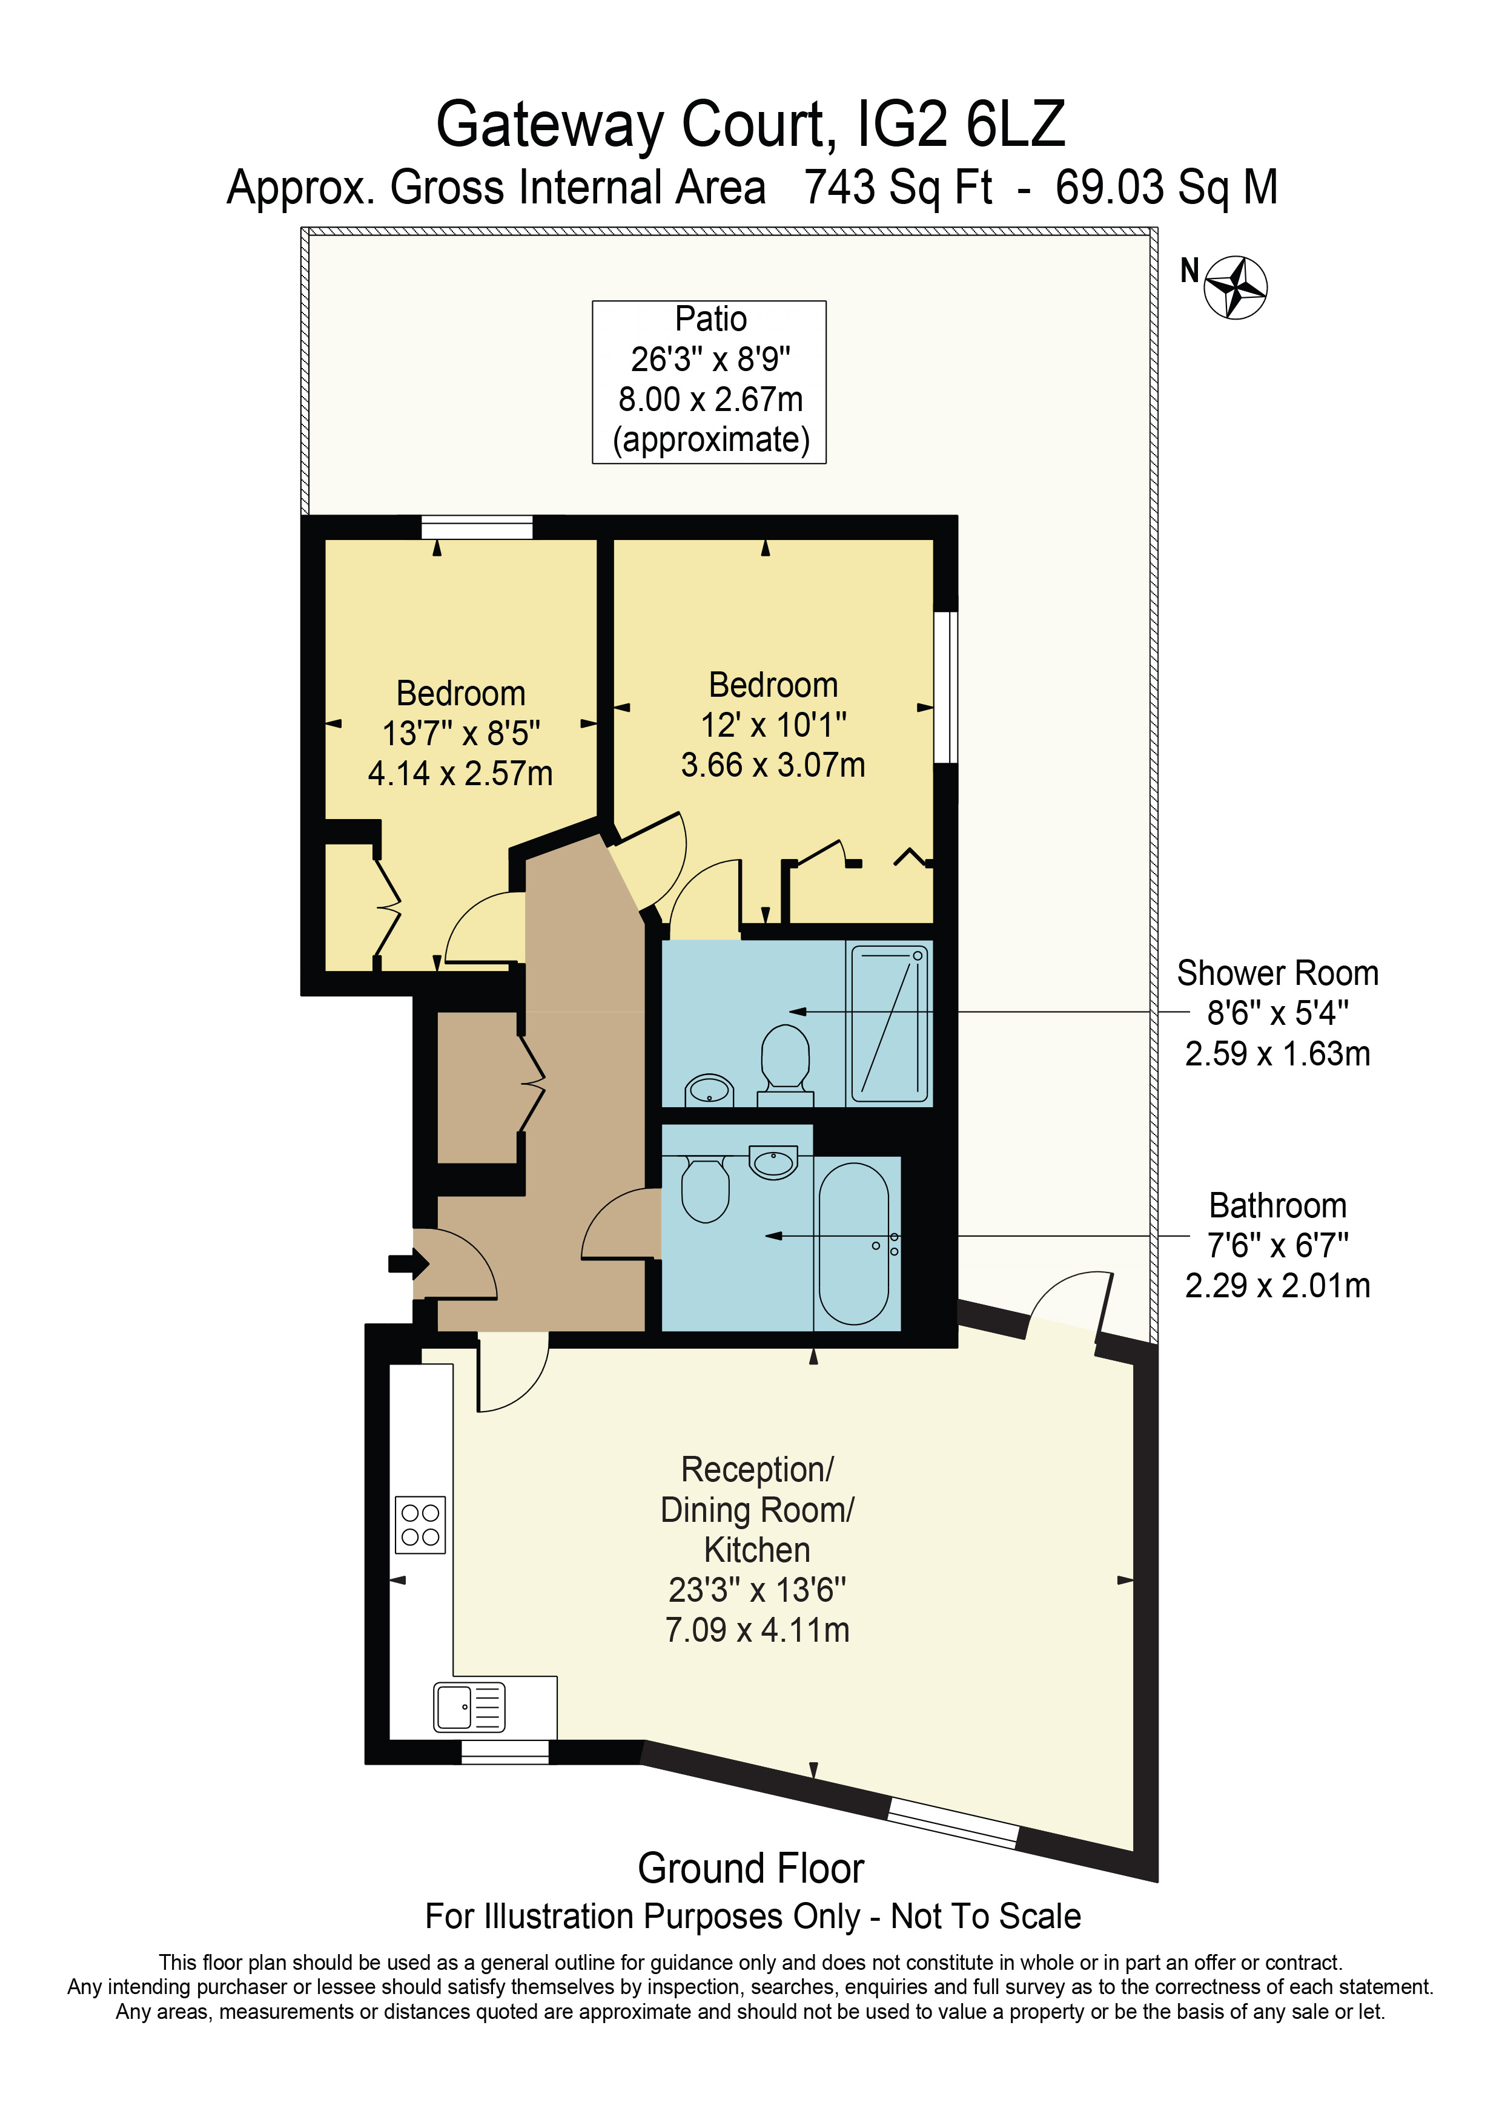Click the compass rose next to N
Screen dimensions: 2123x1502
coord(1235,288)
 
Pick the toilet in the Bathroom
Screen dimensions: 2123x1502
coord(705,1191)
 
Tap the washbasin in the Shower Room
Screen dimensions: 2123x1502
coord(709,1088)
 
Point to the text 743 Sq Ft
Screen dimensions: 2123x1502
coord(897,188)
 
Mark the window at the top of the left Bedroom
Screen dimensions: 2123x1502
coord(477,528)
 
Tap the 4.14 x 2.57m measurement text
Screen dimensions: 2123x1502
coord(460,773)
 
